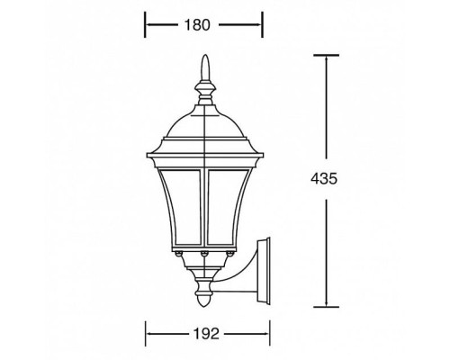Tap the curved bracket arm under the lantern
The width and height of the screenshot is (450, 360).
(241, 270)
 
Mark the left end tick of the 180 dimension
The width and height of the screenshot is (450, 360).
(147, 25)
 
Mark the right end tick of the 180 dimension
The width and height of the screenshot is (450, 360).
(262, 25)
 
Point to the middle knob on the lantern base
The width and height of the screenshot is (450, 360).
(205, 256)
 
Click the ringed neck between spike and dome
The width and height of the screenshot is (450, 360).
(205, 90)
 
